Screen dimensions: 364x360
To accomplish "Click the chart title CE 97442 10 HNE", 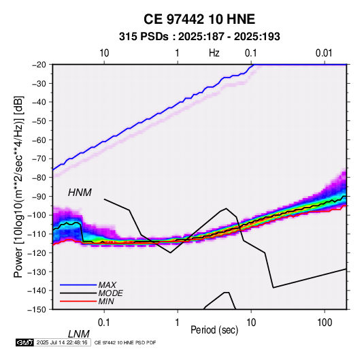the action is click(199, 19).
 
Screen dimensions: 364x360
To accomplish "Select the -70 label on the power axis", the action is click(39, 159).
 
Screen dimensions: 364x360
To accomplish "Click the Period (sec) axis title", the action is click(214, 330).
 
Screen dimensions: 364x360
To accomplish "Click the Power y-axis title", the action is click(18, 186).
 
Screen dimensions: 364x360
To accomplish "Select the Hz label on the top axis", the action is click(214, 53).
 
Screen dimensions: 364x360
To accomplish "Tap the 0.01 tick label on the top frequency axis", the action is click(324, 53).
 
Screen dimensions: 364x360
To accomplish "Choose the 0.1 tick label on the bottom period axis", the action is click(104, 323).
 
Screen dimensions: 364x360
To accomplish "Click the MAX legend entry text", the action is click(107, 284).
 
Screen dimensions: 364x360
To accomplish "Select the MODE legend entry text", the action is click(110, 293).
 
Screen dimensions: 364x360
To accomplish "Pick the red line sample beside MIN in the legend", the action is click(78, 301).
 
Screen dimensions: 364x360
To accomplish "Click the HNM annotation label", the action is click(80, 193).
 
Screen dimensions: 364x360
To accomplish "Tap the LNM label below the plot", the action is click(79, 334).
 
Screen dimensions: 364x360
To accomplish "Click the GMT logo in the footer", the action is click(25, 342).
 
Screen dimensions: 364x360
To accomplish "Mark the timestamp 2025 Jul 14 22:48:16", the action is click(62, 342).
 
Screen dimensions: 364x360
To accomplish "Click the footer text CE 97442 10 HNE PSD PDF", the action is click(125, 342).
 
